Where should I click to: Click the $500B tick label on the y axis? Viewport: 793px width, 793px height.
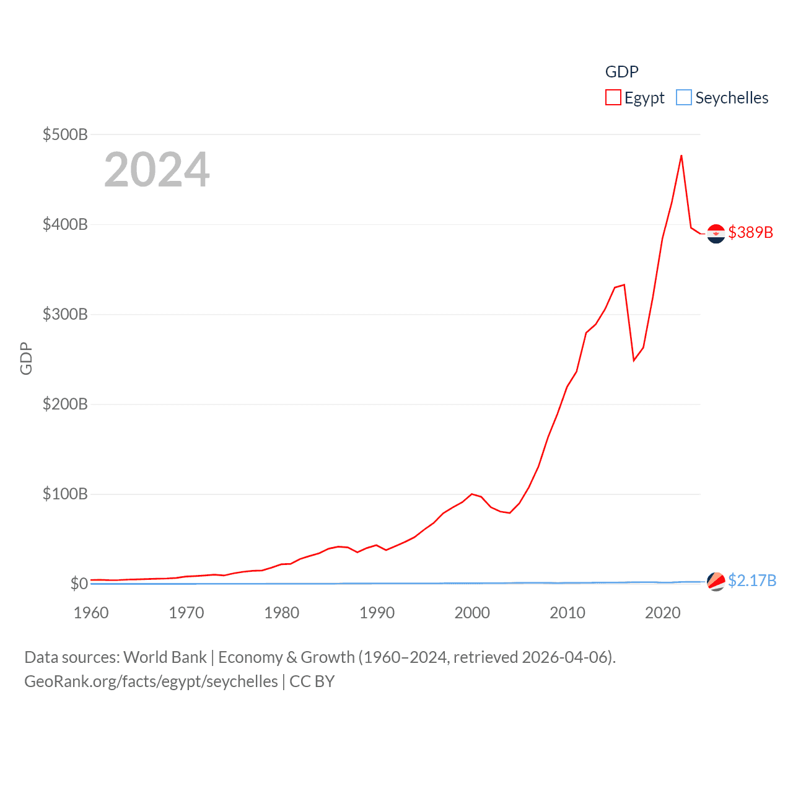(x=65, y=134)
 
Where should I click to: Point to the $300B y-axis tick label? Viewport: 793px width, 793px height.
(x=65, y=314)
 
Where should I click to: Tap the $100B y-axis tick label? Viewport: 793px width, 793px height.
(x=65, y=494)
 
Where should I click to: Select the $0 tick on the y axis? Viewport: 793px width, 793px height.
(x=79, y=584)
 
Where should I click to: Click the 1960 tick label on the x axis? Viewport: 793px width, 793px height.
(x=91, y=613)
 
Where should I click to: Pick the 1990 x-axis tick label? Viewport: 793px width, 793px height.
(x=377, y=613)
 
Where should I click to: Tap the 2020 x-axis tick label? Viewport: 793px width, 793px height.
(x=663, y=613)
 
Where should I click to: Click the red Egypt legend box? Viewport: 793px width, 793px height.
(x=613, y=98)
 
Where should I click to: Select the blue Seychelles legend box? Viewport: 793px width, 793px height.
(x=684, y=98)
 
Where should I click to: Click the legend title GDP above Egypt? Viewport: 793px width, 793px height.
(x=621, y=72)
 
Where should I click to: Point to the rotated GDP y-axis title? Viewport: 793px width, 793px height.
(x=26, y=359)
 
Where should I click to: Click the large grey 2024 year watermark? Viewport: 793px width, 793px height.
(x=157, y=170)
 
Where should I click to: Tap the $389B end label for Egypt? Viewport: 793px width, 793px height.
(x=751, y=232)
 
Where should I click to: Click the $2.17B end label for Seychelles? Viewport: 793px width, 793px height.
(x=752, y=581)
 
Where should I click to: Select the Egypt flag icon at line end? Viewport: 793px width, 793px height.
(x=716, y=234)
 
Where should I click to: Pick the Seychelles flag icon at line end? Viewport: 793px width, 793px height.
(x=716, y=581)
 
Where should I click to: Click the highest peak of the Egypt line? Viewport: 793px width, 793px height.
(x=681, y=156)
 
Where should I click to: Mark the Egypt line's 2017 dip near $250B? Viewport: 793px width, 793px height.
(x=634, y=360)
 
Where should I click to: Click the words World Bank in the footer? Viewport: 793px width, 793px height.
(x=165, y=657)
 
